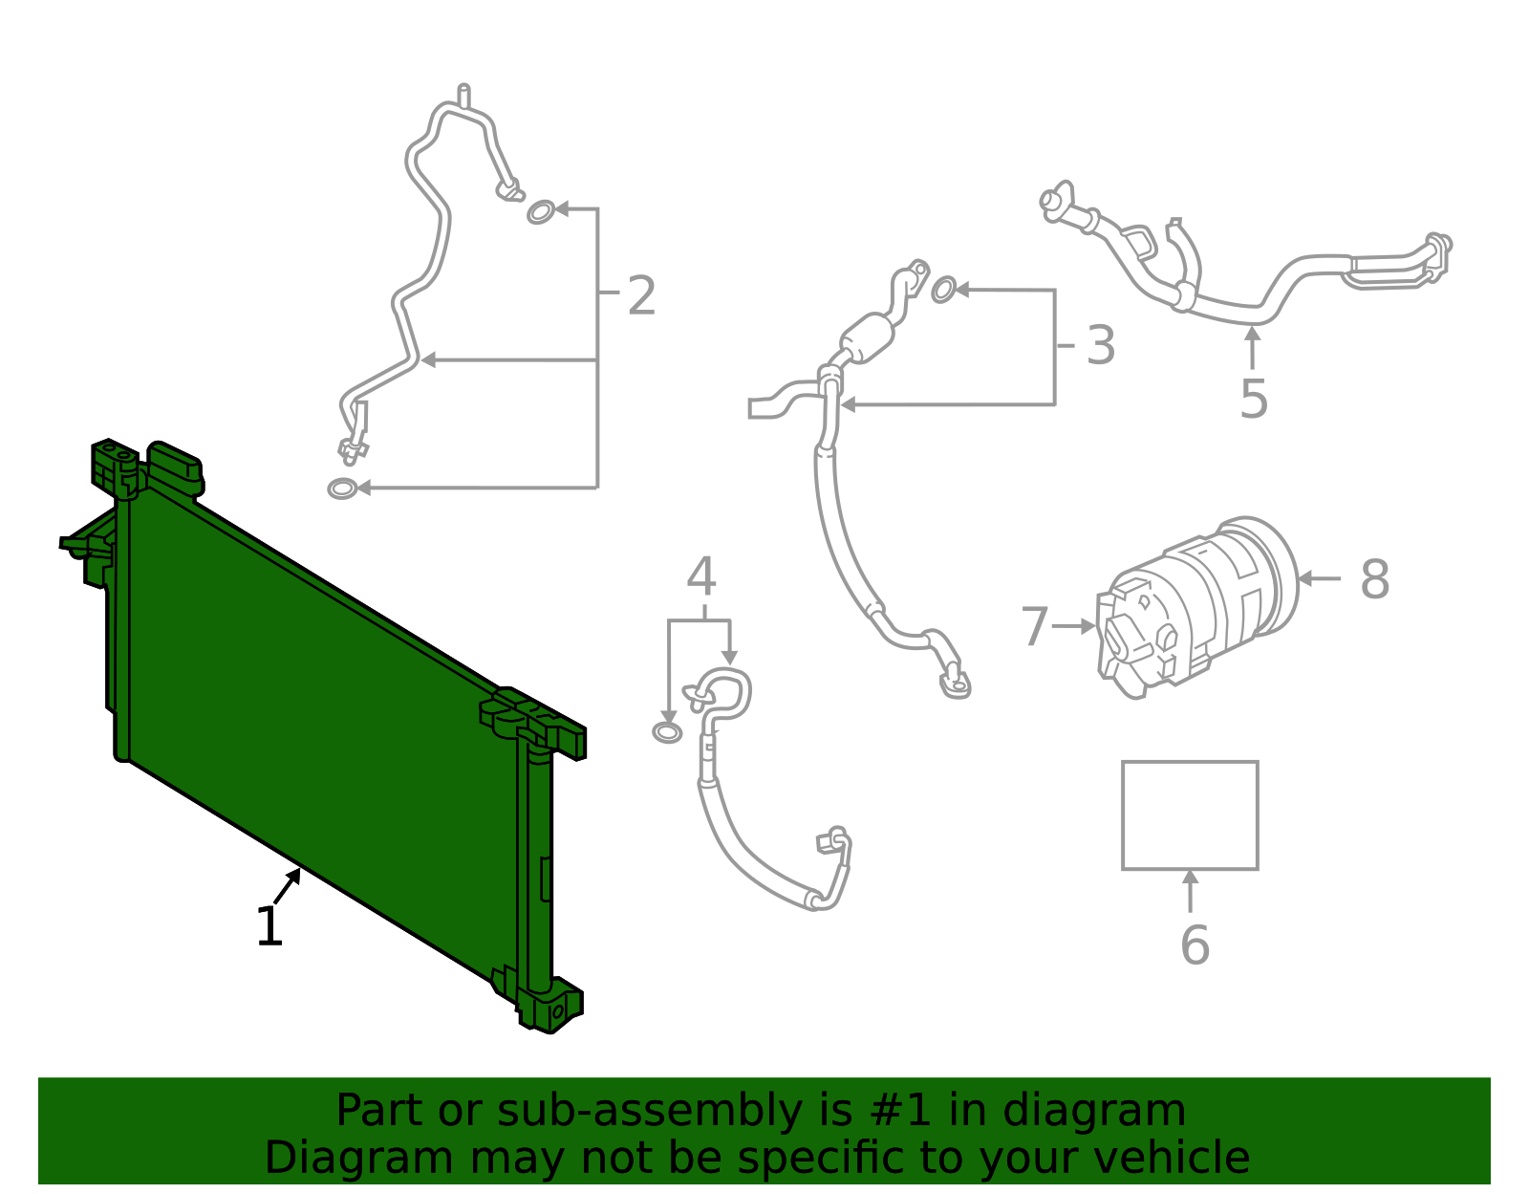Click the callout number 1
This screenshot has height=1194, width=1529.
[269, 926]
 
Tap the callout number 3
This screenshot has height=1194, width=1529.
[1101, 345]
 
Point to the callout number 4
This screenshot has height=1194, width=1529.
[701, 576]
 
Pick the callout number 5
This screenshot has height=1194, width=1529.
[1253, 399]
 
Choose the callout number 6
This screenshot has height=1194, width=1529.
[1195, 944]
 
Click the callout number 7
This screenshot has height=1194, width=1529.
[1035, 627]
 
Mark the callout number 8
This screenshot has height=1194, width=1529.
[1374, 579]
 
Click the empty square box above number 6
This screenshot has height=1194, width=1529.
[1190, 815]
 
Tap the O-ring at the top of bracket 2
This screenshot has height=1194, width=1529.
[540, 211]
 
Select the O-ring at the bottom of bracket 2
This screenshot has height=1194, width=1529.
[341, 488]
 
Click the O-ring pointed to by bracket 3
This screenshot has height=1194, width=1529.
[943, 290]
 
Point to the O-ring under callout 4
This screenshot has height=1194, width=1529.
[667, 733]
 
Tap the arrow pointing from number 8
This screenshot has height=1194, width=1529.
[1320, 578]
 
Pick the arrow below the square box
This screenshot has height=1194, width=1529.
[1190, 891]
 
